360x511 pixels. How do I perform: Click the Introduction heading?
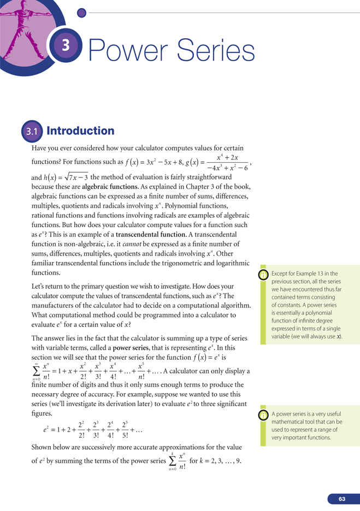pyautogui.click(x=80, y=131)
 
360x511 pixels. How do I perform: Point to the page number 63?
pyautogui.click(x=342, y=498)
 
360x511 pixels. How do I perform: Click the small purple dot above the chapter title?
pyautogui.click(x=81, y=12)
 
